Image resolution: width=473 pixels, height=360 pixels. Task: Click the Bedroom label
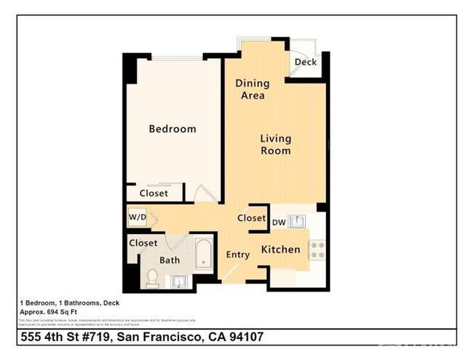172,129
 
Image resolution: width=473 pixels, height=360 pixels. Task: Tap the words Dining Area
250,89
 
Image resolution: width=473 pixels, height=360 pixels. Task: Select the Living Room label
276,145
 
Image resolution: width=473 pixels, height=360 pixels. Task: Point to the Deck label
305,63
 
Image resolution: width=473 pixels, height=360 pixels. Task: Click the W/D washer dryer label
138,217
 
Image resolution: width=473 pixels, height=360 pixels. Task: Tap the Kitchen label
281,249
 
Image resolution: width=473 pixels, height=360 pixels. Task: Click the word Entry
237,255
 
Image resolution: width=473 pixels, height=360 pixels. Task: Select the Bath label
170,260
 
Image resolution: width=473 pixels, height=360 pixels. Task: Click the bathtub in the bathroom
203,256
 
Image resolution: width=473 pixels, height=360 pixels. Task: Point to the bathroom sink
179,281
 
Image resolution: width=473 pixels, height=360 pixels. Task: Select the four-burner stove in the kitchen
317,250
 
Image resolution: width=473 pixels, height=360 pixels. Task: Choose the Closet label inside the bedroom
154,193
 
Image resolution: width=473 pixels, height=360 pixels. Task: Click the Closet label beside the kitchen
251,218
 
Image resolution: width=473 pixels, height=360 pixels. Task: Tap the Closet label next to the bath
143,243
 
